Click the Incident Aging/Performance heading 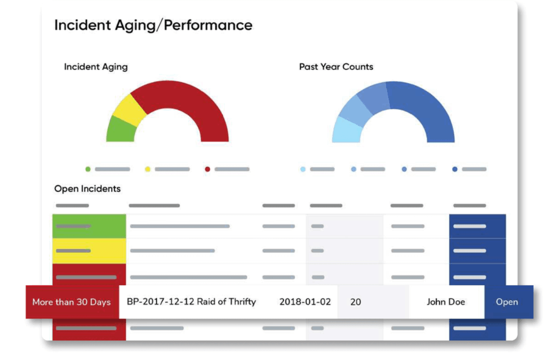point(153,25)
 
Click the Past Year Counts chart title point(336,67)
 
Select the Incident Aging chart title point(95,67)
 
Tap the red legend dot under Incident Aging point(207,169)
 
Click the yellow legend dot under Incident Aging point(148,169)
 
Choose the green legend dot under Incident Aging point(88,169)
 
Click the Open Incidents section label point(87,189)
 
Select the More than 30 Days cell point(71,302)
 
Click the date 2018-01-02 point(305,302)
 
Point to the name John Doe point(446,302)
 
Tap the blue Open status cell point(507,302)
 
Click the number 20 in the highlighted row point(356,302)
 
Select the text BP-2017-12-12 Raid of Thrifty point(191,302)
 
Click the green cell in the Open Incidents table point(89,226)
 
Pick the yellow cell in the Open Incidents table point(89,251)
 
